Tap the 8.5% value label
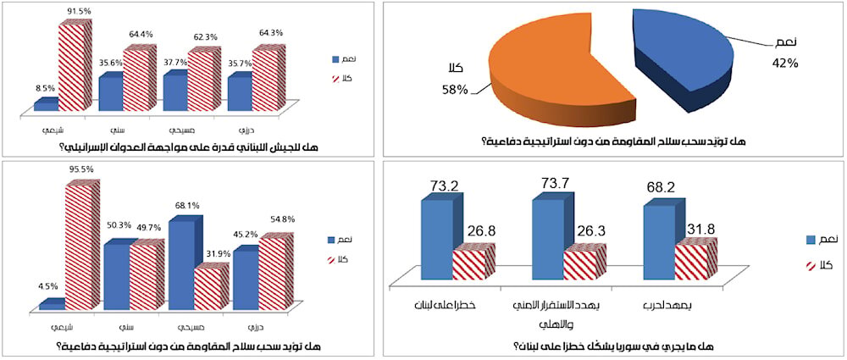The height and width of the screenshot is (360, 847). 43,86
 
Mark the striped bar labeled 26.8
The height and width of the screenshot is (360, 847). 472,263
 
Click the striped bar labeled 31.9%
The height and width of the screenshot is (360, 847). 211,288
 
